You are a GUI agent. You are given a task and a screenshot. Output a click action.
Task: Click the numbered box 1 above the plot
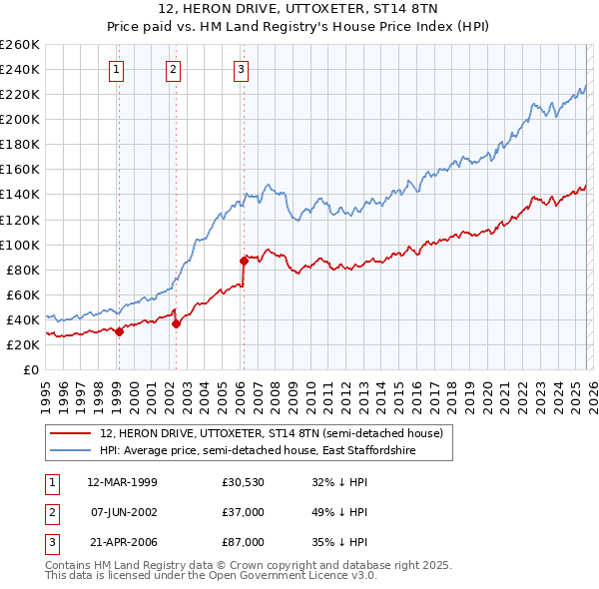click(x=118, y=70)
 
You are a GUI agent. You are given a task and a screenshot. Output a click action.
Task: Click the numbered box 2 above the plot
click(x=174, y=70)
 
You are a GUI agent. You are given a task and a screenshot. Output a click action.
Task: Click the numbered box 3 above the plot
click(x=242, y=70)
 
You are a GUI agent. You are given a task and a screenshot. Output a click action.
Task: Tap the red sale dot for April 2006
click(x=244, y=261)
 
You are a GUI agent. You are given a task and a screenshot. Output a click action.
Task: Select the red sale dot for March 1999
click(x=119, y=331)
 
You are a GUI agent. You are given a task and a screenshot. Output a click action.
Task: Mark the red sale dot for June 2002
click(x=176, y=323)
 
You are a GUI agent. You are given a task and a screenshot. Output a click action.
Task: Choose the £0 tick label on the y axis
click(x=30, y=369)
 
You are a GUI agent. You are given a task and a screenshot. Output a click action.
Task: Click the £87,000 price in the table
click(x=244, y=542)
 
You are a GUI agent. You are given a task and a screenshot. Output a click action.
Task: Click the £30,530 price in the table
click(x=244, y=482)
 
